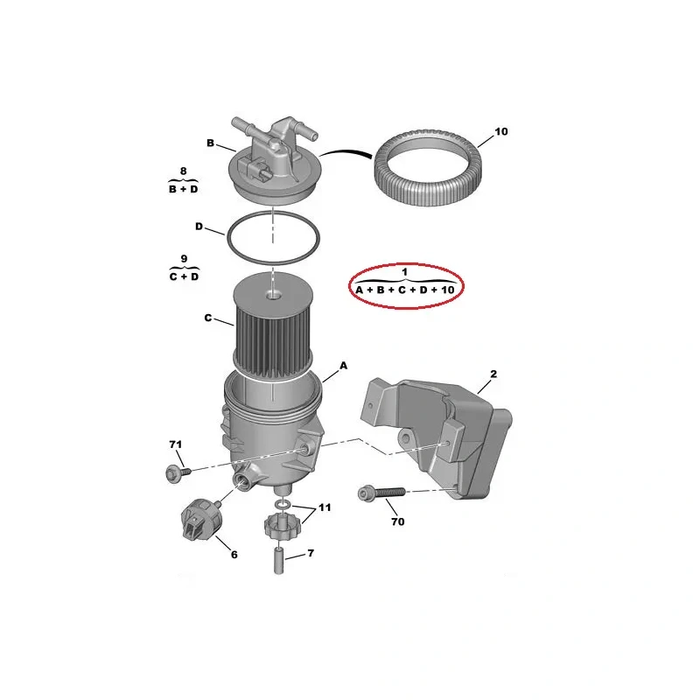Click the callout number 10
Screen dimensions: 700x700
500,132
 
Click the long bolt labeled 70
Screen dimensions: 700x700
381,493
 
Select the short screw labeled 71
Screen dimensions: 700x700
178,472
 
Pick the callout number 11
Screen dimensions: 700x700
324,507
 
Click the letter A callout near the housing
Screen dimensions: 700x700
343,366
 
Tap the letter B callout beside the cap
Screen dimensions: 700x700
210,143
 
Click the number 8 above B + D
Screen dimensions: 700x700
184,171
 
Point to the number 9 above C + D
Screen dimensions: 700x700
184,259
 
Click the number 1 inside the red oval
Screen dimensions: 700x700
404,272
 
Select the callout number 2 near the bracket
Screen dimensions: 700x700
493,374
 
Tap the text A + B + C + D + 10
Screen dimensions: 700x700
405,290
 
